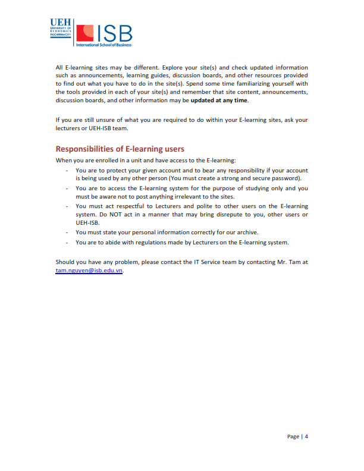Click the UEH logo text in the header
(61, 22)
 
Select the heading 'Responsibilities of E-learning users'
(120, 149)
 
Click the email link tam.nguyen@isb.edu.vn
(89, 270)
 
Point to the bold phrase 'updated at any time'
(219, 101)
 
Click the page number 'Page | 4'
(297, 437)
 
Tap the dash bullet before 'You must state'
(67, 232)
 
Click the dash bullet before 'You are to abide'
(67, 242)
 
